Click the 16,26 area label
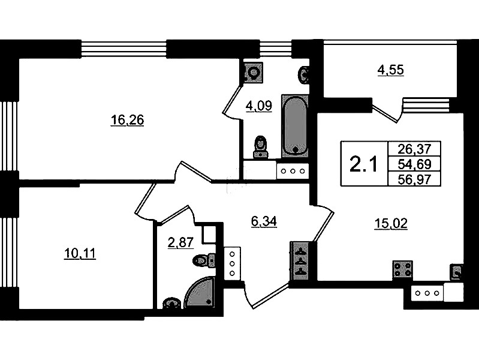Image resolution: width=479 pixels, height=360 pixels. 127,120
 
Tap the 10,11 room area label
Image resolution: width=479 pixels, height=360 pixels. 80,254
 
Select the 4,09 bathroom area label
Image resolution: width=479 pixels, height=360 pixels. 259,106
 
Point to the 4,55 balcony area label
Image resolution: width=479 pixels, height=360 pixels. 391,70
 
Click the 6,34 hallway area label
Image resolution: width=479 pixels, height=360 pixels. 264,221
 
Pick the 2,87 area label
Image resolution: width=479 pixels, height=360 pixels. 181,242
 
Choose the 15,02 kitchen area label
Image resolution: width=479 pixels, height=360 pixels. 391,224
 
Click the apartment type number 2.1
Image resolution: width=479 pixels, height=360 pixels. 363,164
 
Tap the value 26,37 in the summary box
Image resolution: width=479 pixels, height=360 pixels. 414,149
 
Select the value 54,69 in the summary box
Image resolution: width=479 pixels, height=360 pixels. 414,164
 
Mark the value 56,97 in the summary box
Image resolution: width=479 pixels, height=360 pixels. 414,179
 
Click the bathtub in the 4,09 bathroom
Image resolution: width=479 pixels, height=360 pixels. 296,126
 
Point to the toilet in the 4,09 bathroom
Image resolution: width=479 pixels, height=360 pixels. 260,147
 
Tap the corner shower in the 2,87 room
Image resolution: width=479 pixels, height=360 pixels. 200,292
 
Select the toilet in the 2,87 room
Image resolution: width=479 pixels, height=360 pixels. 204,260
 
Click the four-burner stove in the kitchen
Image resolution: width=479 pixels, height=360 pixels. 403,269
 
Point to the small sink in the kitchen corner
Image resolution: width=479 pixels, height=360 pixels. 456,272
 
